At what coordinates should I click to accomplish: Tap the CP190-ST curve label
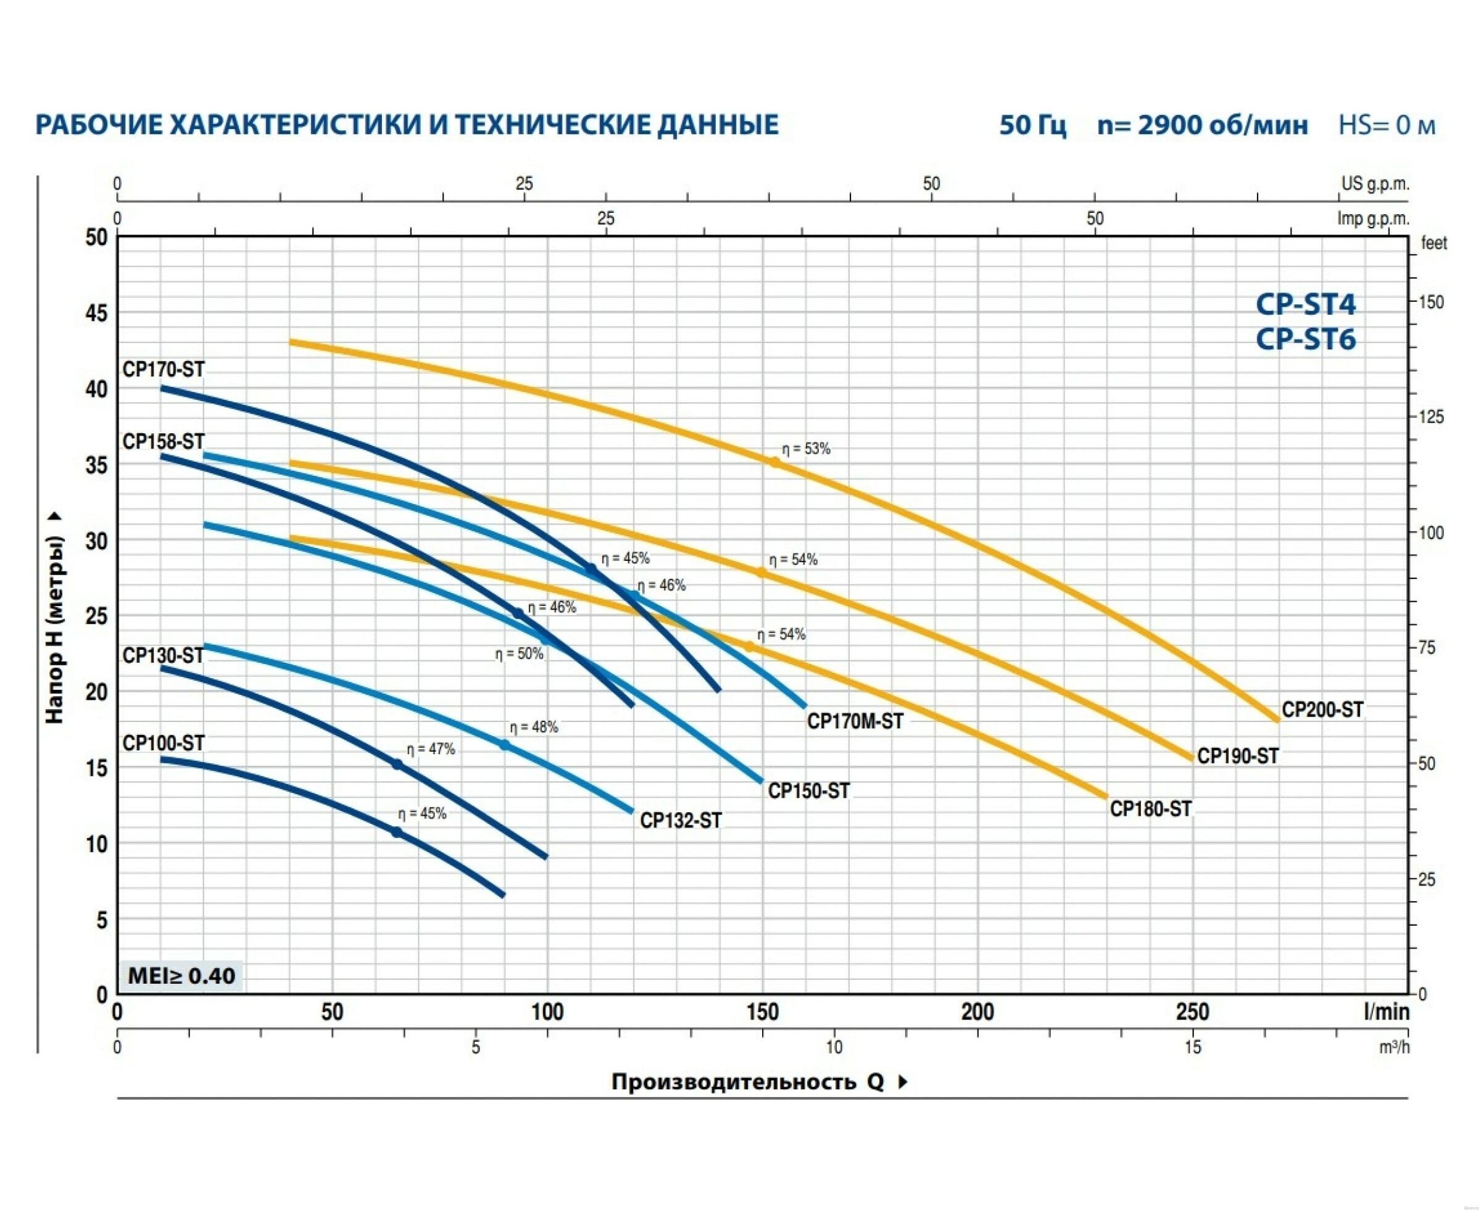click(x=1237, y=756)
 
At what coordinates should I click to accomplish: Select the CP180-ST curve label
click(x=1151, y=809)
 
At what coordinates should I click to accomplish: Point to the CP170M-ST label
click(x=855, y=721)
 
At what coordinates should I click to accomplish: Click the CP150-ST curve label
click(x=808, y=791)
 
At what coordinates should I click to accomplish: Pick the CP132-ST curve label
click(x=680, y=820)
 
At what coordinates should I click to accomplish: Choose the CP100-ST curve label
click(x=164, y=743)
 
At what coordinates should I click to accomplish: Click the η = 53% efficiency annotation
click(x=806, y=449)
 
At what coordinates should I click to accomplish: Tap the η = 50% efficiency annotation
click(x=519, y=654)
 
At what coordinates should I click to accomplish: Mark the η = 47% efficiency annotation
click(x=430, y=749)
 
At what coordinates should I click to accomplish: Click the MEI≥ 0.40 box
click(x=181, y=975)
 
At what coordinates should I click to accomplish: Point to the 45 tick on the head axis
click(x=96, y=313)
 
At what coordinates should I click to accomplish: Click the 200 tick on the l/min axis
click(x=977, y=1011)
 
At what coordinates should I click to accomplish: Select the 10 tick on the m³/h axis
click(x=834, y=1047)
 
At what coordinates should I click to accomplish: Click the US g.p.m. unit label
click(x=1375, y=184)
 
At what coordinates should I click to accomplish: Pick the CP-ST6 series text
click(x=1305, y=339)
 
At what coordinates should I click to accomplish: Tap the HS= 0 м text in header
click(x=1386, y=125)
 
